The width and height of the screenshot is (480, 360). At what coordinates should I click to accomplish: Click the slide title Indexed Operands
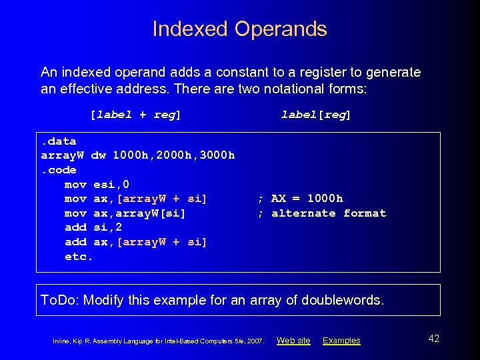coord(240,29)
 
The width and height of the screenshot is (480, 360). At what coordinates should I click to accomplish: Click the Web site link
coord(293,341)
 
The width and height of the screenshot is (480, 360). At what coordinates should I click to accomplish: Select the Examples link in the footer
coord(341,341)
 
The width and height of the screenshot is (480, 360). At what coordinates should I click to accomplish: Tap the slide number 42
coord(433,339)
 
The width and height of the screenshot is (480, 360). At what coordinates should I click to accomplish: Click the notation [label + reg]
coord(135,115)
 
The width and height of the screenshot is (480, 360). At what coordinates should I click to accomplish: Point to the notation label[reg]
coord(315,115)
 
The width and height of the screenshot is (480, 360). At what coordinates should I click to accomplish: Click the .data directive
coord(59,141)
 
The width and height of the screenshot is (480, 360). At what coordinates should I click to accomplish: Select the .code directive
coord(59,170)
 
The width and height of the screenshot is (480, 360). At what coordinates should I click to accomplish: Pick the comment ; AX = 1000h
coord(300,199)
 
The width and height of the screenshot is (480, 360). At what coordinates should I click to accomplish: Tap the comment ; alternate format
coord(321,213)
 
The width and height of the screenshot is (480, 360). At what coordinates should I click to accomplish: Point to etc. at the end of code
coord(79,256)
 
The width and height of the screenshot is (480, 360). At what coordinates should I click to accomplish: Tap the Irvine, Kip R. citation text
coord(159,341)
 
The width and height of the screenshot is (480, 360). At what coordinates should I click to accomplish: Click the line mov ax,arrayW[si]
coord(125,213)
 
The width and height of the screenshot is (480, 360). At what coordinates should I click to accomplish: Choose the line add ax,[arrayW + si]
coord(136,242)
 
